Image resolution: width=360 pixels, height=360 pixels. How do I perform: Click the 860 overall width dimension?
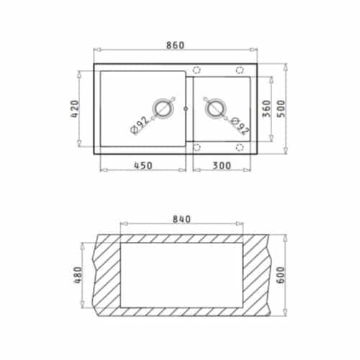coord(176,45)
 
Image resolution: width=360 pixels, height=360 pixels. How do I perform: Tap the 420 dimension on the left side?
coord(83,110)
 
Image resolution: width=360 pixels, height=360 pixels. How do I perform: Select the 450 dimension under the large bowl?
coord(143,165)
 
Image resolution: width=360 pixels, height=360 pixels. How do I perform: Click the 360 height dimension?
coord(267,109)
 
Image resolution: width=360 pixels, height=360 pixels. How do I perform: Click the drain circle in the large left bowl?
coord(164,109)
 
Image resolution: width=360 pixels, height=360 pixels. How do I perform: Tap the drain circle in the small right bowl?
coord(215,109)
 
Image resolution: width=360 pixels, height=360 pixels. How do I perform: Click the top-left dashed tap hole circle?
coord(197,70)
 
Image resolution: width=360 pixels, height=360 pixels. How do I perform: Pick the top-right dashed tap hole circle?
coord(240,70)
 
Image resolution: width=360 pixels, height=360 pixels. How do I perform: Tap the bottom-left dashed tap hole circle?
coord(197,147)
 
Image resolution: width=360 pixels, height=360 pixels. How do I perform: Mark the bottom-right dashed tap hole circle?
coord(240,147)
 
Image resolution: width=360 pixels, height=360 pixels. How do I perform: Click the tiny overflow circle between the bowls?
coord(186,109)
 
